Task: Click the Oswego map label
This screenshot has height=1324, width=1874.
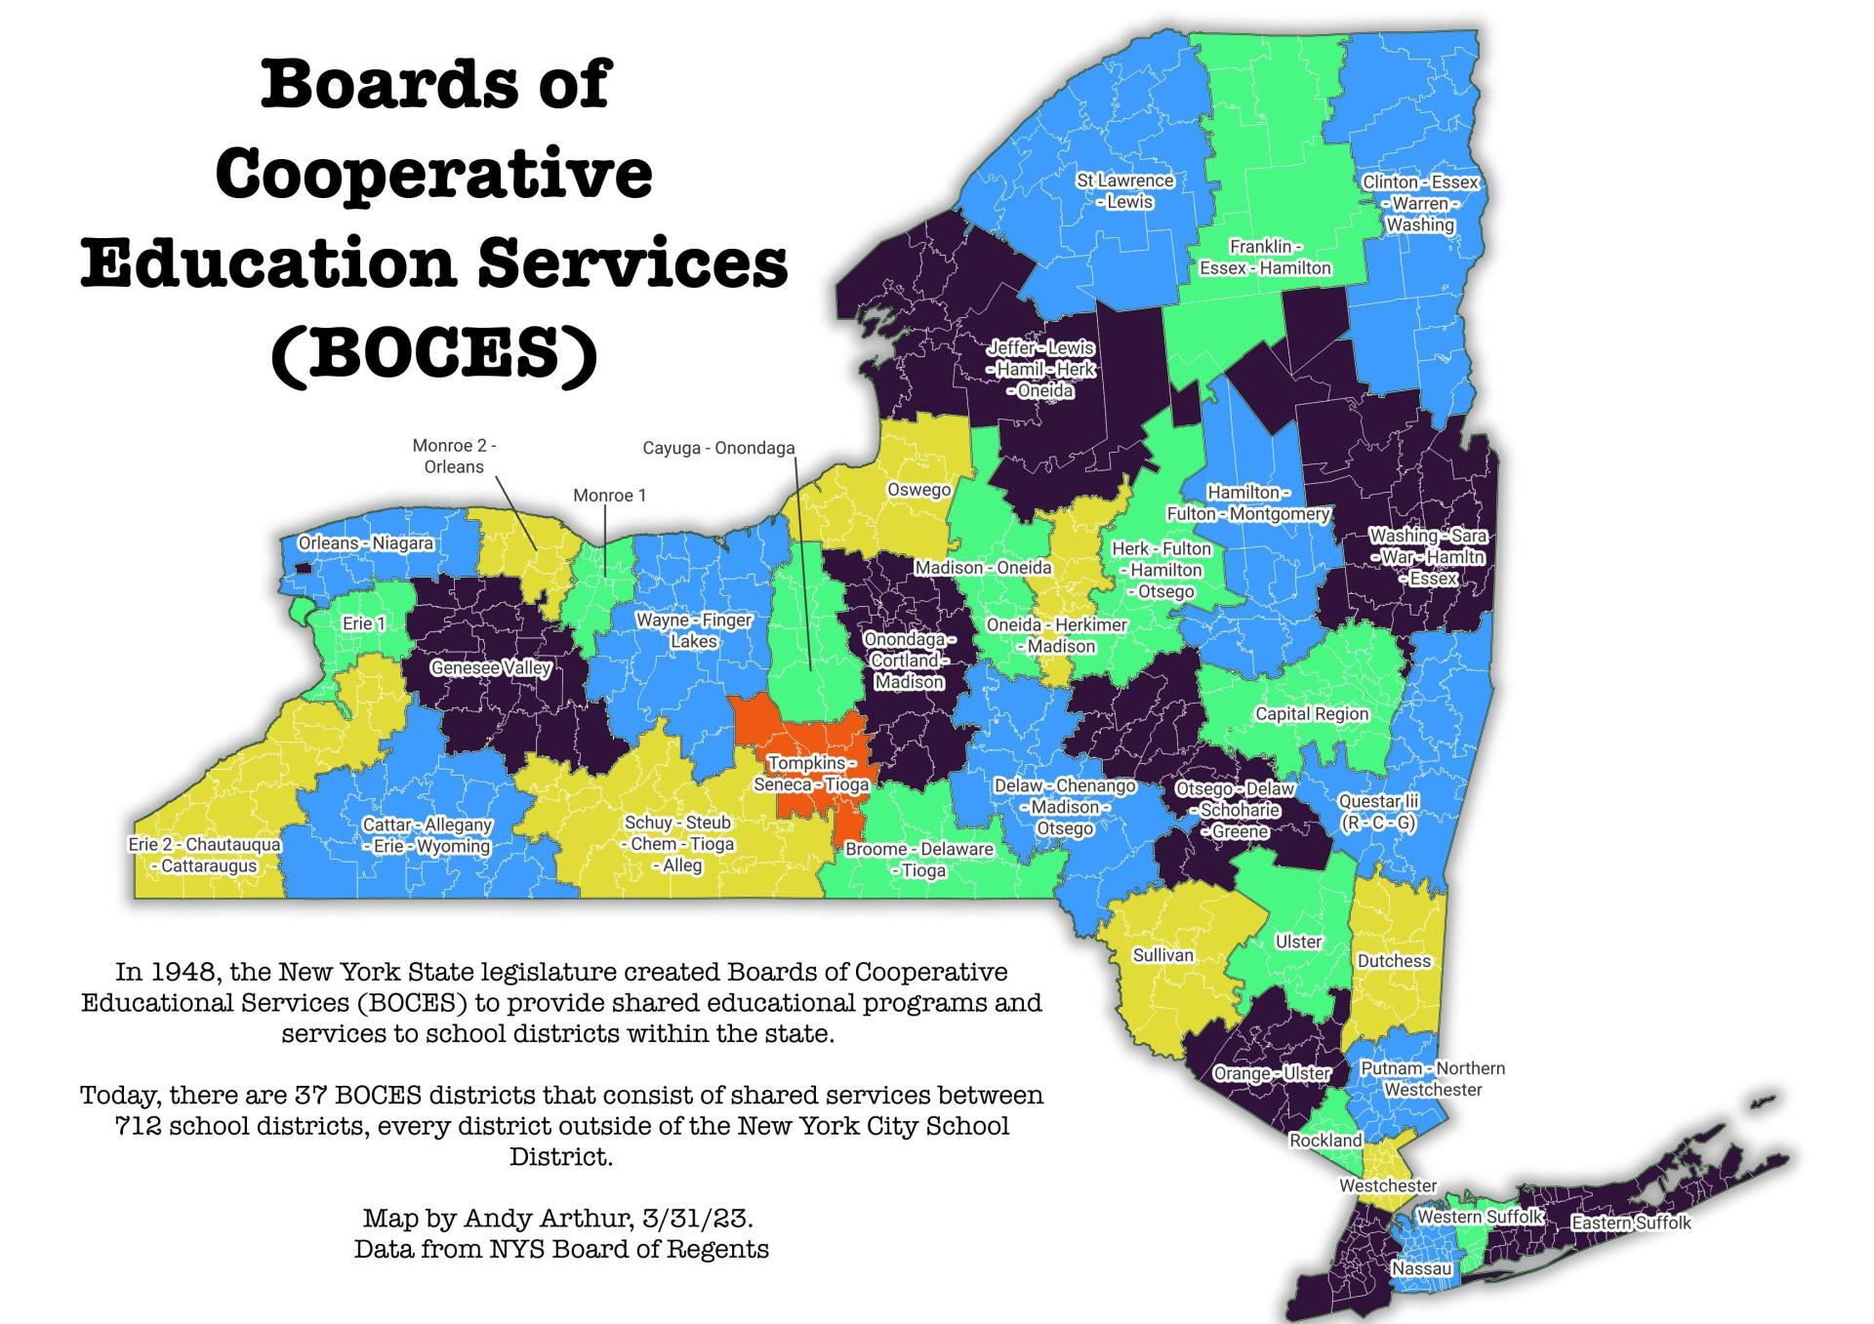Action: pos(918,489)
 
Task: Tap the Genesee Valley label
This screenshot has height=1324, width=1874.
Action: pos(491,668)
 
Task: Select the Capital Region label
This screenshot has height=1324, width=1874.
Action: pos(1312,714)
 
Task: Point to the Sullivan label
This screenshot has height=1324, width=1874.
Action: pos(1162,955)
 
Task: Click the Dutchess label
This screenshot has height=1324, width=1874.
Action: pos(1394,961)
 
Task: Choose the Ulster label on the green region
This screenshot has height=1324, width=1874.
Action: pos(1298,942)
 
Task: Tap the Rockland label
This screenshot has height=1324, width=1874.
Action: pos(1325,1141)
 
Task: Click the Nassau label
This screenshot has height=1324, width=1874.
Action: pos(1421,1269)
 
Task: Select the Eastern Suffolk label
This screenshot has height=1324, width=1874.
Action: pos(1631,1223)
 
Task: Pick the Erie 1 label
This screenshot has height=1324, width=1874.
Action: pos(363,623)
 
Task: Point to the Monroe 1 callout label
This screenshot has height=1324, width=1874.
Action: pos(609,496)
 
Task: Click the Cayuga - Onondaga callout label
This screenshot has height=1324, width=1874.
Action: pos(718,448)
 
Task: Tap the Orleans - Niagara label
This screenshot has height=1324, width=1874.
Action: pos(366,543)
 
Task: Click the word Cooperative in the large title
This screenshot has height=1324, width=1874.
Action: pos(433,174)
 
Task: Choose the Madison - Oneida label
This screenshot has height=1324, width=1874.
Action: pos(983,568)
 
